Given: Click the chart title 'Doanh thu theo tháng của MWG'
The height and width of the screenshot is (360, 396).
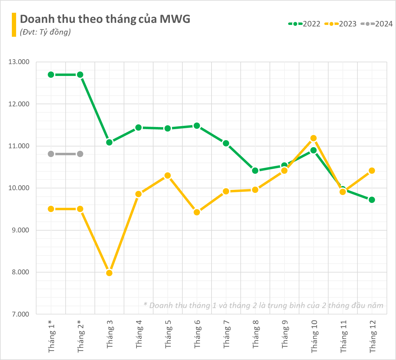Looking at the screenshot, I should click(x=105, y=19).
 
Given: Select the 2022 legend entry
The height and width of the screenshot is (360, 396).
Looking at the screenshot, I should click(x=304, y=24).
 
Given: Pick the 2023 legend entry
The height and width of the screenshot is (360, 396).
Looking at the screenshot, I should click(x=340, y=24).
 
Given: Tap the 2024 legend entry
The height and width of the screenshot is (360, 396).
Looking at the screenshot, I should click(x=377, y=24).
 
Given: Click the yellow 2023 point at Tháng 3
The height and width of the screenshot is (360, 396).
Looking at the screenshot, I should click(x=109, y=273).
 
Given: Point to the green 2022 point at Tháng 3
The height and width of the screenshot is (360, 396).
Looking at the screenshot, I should click(x=109, y=142).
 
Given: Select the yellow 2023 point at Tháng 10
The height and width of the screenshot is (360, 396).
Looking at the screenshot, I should click(x=314, y=138).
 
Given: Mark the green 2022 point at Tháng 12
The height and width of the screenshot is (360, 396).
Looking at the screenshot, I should click(x=372, y=200).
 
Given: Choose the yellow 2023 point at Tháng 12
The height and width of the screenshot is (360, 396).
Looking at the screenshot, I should click(x=372, y=170).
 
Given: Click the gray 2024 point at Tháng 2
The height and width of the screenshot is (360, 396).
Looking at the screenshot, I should click(x=80, y=154).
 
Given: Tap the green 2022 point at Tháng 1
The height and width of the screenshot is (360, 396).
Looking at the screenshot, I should click(x=51, y=75).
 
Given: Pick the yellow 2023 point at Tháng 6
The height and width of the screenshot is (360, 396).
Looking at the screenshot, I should click(x=197, y=212).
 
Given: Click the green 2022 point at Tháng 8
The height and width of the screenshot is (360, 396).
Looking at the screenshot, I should click(x=255, y=170).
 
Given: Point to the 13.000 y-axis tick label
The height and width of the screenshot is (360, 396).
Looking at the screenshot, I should click(x=19, y=62).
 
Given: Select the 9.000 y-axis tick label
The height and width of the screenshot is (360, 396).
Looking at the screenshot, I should click(x=19, y=230).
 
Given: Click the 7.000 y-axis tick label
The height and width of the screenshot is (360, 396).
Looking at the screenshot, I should click(x=19, y=314).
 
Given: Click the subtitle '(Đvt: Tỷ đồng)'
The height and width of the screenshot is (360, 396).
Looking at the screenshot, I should click(x=45, y=32).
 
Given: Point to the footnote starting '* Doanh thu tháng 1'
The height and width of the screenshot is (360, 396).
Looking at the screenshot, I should click(x=263, y=305).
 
